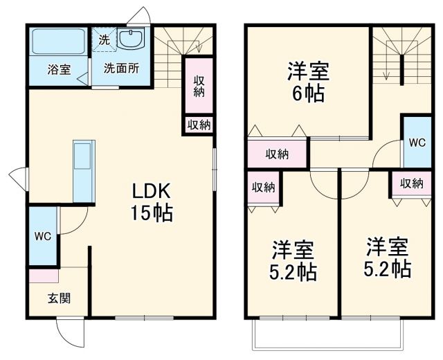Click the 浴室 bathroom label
57,69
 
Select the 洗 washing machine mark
103,39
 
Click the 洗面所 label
121,69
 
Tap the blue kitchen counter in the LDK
84,170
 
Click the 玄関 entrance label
58,298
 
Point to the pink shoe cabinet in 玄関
44,276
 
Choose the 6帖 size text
308,93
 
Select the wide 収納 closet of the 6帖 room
278,154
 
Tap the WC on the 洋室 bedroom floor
417,143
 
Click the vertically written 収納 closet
199,84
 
